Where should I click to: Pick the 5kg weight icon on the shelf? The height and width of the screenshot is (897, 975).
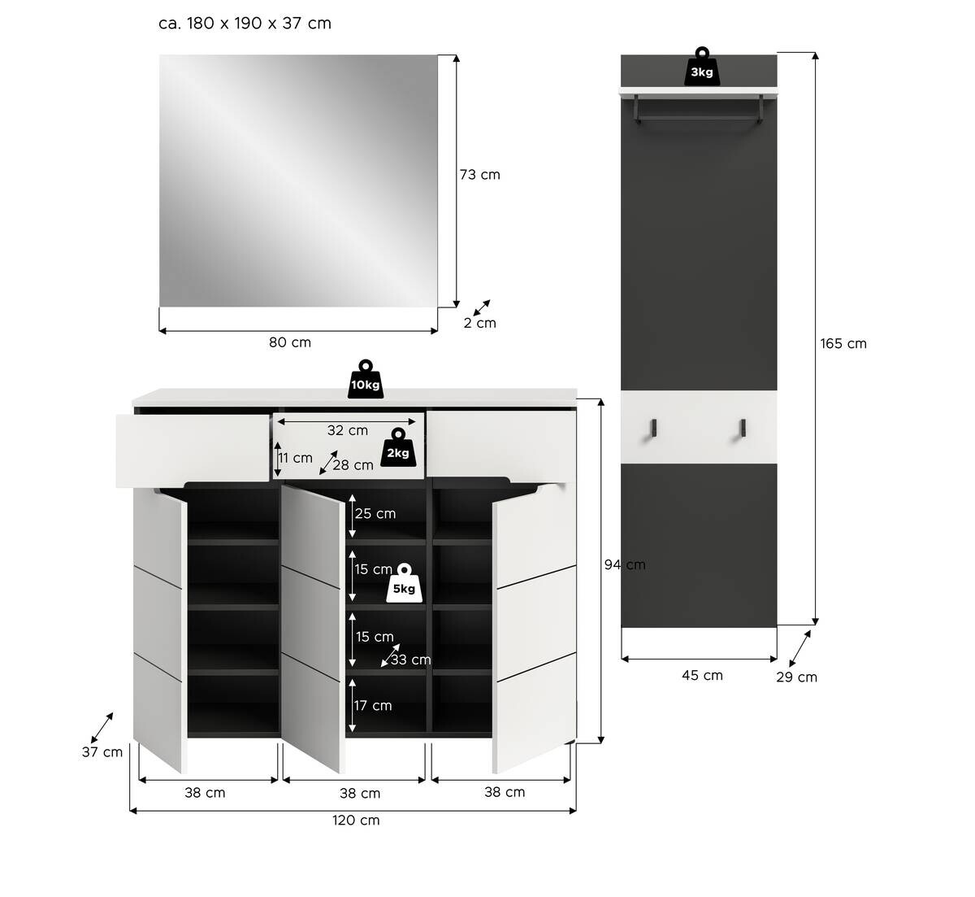coord(405,584)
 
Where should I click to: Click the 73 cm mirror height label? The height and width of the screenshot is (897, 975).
coord(479,175)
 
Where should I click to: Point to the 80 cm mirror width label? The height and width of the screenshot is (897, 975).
coord(290,342)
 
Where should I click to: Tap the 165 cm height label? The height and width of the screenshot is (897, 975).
coord(843,343)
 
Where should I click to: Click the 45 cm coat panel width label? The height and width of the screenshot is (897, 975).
coord(702,675)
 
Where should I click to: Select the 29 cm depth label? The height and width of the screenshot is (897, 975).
coord(796,677)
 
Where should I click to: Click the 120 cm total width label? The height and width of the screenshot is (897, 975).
coord(356,820)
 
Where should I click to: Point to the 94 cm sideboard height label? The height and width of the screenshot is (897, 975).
coord(625,564)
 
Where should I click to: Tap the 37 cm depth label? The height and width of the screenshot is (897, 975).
coord(102,752)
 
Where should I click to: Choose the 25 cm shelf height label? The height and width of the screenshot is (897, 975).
coord(375,513)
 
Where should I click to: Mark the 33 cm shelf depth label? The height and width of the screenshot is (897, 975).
coord(410,660)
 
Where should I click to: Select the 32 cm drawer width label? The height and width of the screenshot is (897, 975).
coord(347,430)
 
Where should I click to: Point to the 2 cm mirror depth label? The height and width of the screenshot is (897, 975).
coord(479,323)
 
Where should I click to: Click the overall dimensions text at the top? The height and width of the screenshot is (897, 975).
coord(245,23)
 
